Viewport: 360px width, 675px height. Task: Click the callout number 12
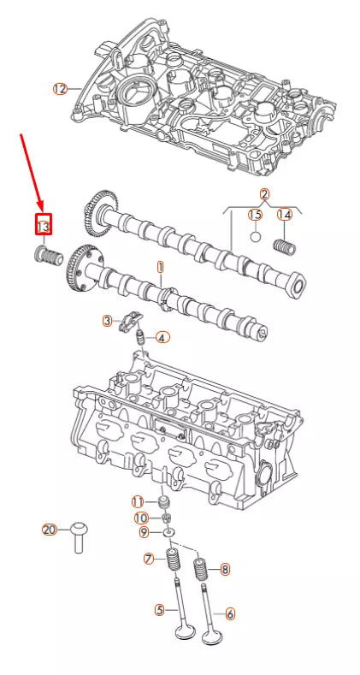pyautogui.click(x=59, y=89)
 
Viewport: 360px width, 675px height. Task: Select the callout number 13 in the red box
pyautogui.click(x=43, y=225)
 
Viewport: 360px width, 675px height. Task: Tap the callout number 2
pyautogui.click(x=264, y=194)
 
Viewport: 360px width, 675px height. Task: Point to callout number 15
pyautogui.click(x=255, y=215)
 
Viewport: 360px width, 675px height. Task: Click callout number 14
pyautogui.click(x=284, y=215)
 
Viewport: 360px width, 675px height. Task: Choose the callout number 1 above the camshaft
pyautogui.click(x=159, y=267)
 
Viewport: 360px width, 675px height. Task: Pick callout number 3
pyautogui.click(x=108, y=321)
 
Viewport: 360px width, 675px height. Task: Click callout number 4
pyautogui.click(x=162, y=337)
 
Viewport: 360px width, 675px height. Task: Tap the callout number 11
pyautogui.click(x=137, y=500)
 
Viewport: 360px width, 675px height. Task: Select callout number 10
pyautogui.click(x=140, y=518)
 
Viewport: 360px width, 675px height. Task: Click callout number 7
pyautogui.click(x=148, y=559)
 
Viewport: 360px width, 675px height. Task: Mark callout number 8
pyautogui.click(x=225, y=568)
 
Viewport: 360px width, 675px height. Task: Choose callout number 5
pyautogui.click(x=159, y=610)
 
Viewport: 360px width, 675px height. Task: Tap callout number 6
pyautogui.click(x=228, y=613)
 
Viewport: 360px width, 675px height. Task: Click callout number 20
pyautogui.click(x=50, y=530)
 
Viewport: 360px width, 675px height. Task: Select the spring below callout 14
pyautogui.click(x=283, y=245)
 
